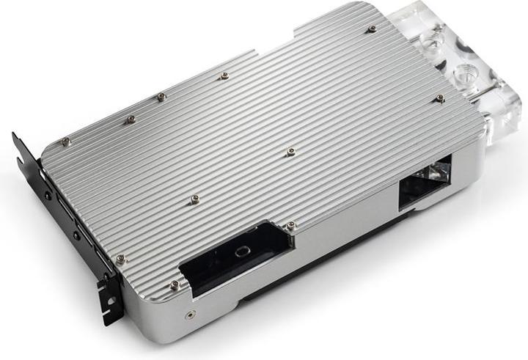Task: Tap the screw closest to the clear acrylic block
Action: pos(439,98)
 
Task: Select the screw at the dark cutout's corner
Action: pos(291,225)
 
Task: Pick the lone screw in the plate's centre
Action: pos(291,152)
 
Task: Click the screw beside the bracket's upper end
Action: pos(66,142)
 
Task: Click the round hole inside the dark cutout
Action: pos(239,250)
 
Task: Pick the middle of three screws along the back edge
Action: pos(161,97)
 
